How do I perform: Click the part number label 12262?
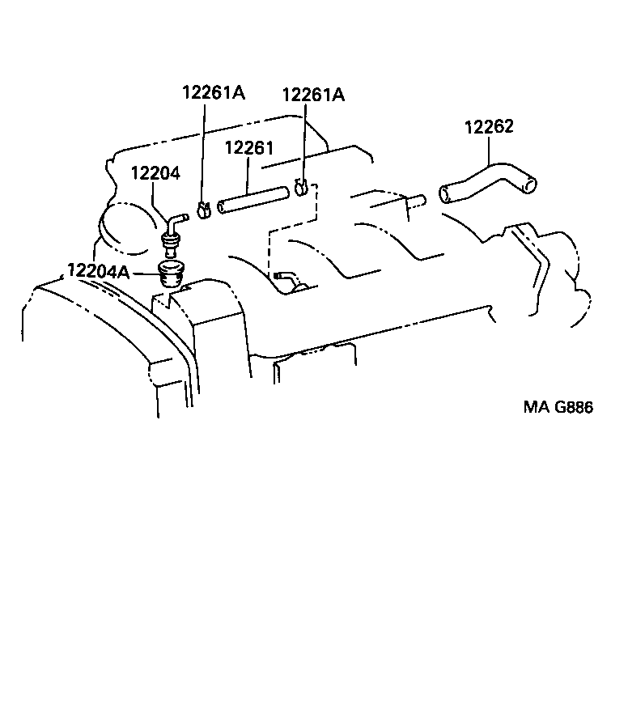[x=489, y=127]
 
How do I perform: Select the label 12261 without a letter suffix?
[x=248, y=148]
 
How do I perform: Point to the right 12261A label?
[x=313, y=95]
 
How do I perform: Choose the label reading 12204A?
[x=98, y=270]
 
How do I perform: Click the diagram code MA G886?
[x=558, y=407]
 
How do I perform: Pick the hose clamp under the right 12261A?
[x=302, y=186]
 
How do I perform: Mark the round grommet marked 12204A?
[x=171, y=274]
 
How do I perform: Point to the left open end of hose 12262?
[x=445, y=194]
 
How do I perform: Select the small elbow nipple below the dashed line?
[x=283, y=278]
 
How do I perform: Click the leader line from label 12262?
[x=489, y=150]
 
